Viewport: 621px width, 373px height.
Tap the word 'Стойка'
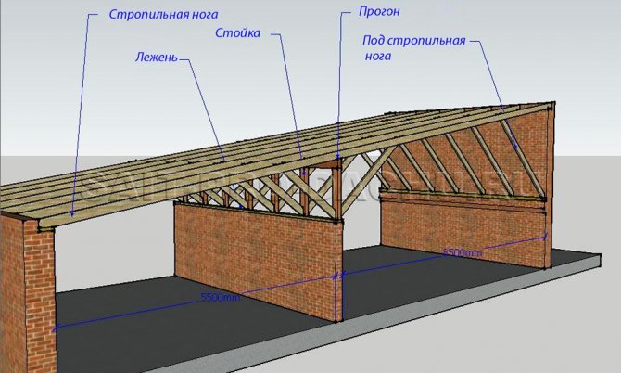238,34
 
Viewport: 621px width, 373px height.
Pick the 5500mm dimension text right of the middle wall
462,251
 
